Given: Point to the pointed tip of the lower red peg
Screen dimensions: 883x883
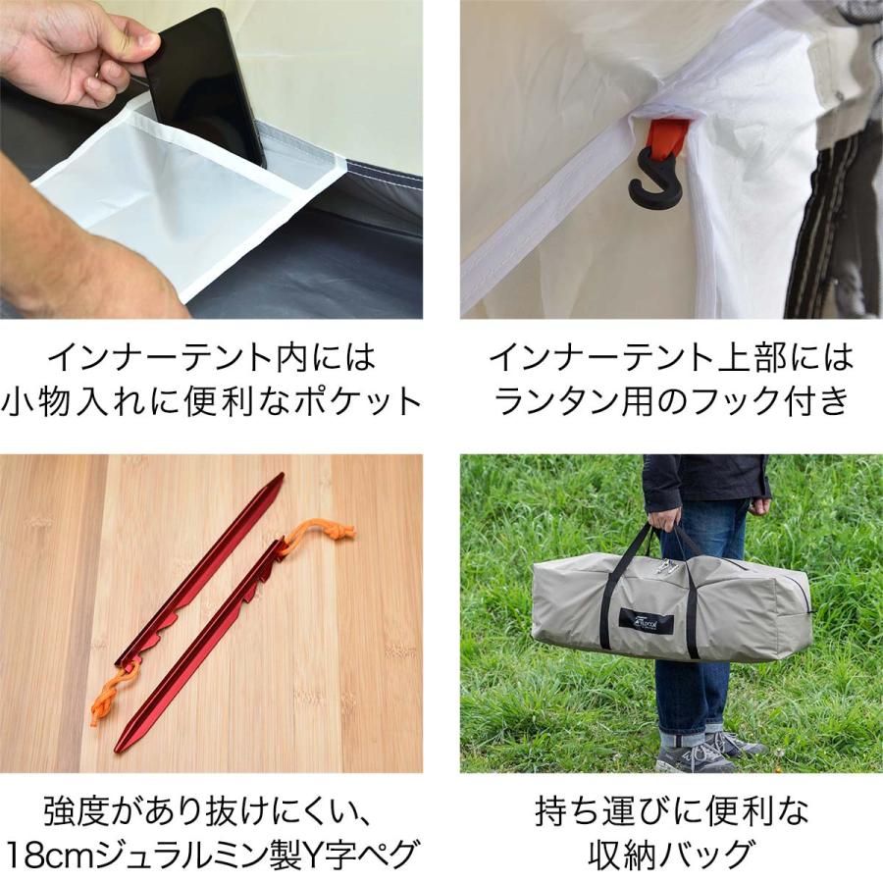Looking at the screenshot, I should tap(120, 748).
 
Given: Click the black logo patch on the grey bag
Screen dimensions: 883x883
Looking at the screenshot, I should tap(646, 621).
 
